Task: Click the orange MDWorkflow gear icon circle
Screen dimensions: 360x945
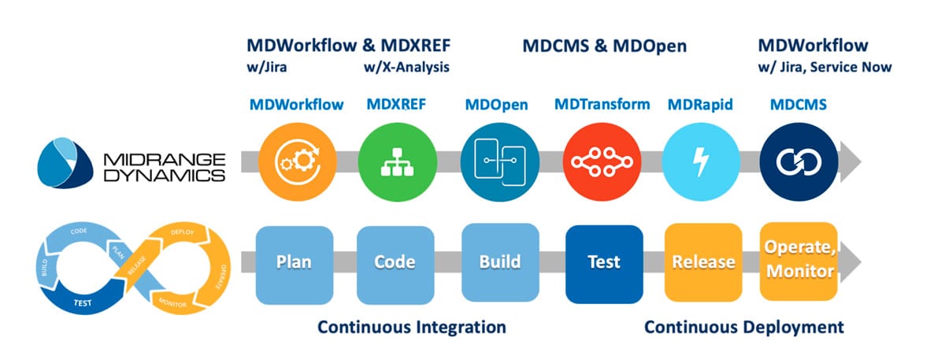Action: (296, 161)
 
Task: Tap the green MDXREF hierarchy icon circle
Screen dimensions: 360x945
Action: (391, 161)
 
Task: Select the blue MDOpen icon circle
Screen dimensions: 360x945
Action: (493, 161)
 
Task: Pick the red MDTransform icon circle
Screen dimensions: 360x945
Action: (597, 161)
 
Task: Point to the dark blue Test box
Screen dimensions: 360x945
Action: (603, 262)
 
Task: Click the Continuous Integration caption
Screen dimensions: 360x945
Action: (411, 326)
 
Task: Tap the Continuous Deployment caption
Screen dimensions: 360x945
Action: (743, 326)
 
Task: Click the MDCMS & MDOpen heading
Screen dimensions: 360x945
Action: (605, 46)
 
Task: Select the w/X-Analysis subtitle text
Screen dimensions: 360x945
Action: (406, 68)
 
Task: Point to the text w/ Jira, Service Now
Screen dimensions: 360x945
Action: (825, 68)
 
